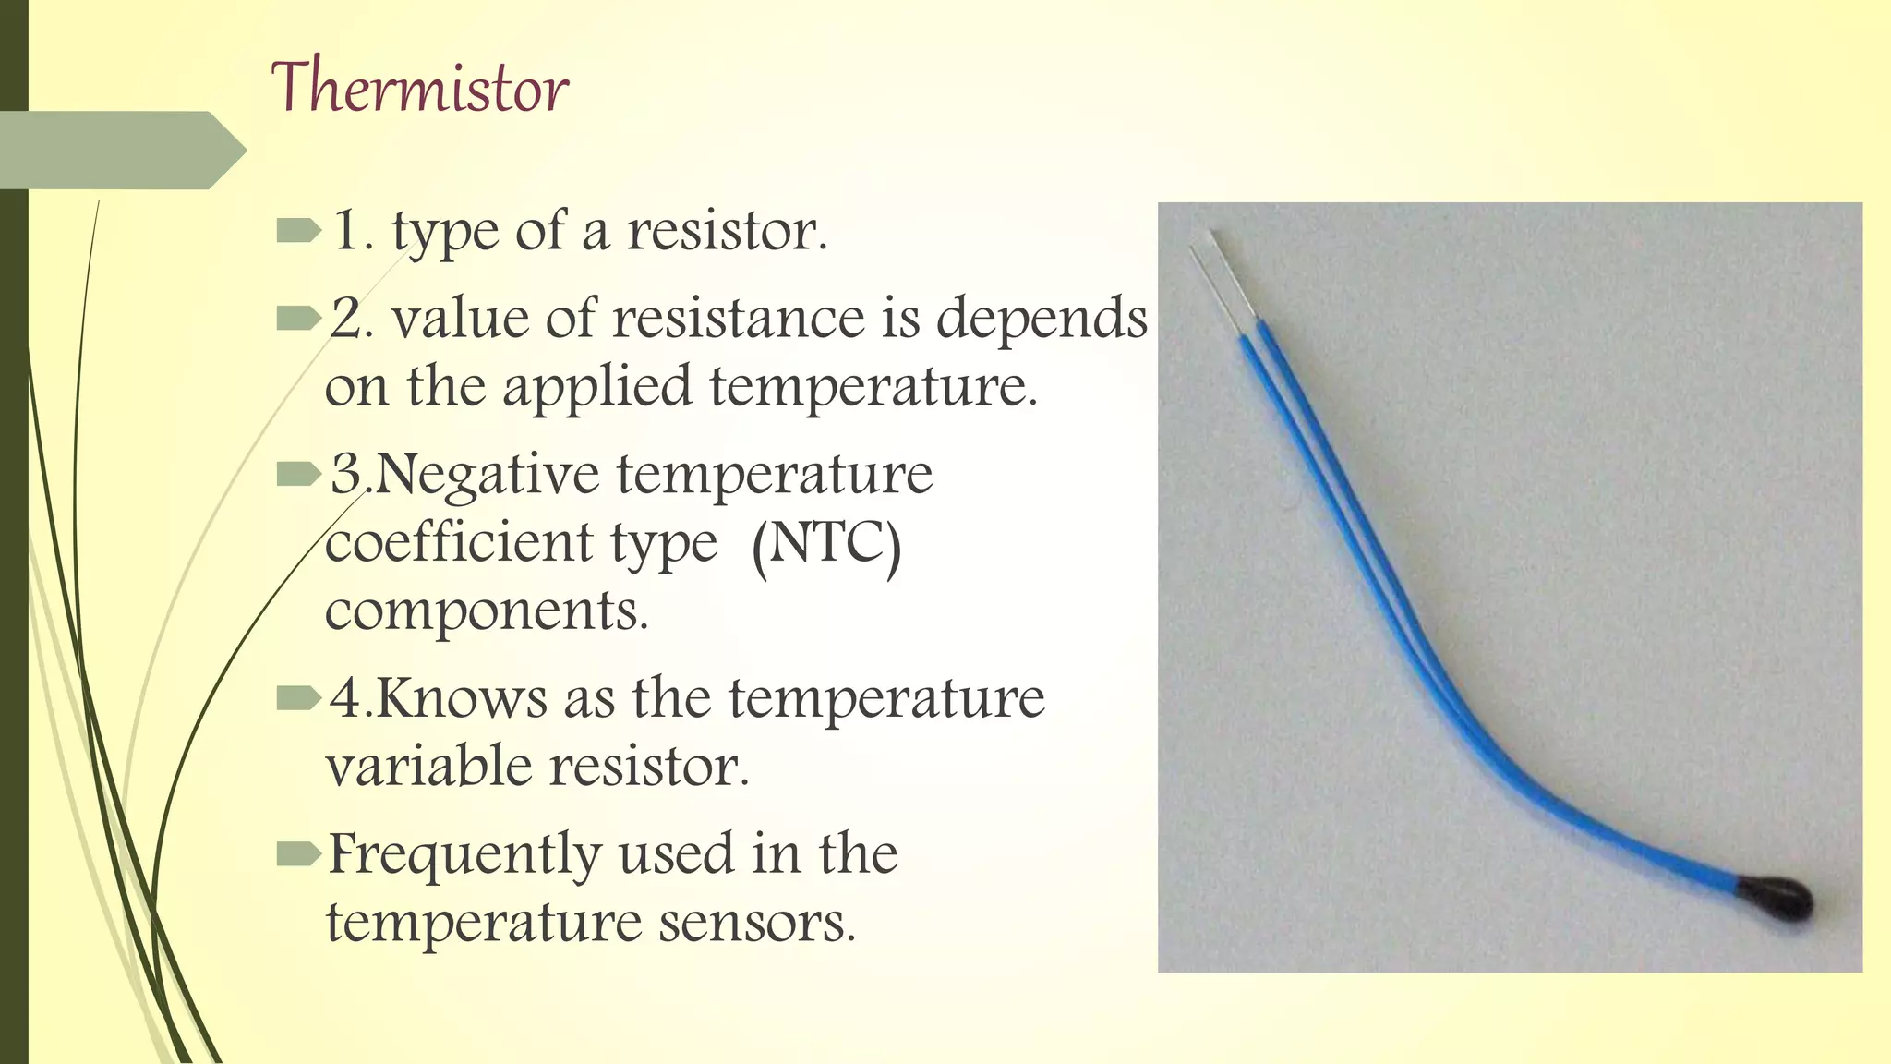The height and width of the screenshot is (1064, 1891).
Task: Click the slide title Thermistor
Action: pyautogui.click(x=419, y=88)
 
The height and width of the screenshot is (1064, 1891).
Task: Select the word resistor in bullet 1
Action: pyautogui.click(x=727, y=231)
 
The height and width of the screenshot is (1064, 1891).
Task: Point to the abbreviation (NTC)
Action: pyautogui.click(x=826, y=544)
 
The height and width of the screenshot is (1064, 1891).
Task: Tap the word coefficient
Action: pyautogui.click(x=458, y=542)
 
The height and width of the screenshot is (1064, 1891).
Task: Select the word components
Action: pyautogui.click(x=487, y=611)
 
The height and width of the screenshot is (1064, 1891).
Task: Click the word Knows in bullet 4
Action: pyautogui.click(x=461, y=699)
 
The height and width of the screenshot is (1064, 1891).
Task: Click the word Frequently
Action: pyautogui.click(x=464, y=855)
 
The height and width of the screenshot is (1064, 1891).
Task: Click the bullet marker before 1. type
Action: pyautogui.click(x=297, y=231)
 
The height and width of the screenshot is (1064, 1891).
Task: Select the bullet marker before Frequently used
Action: pyautogui.click(x=297, y=854)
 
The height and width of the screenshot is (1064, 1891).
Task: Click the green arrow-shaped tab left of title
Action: pyautogui.click(x=120, y=151)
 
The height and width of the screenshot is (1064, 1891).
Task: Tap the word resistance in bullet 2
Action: pyautogui.click(x=738, y=319)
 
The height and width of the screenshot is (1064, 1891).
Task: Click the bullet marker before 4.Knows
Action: pyautogui.click(x=297, y=699)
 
